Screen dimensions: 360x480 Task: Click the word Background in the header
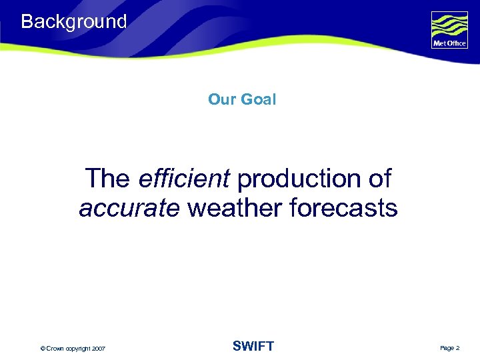point(73,21)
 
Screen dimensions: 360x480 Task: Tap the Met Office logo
point(450,30)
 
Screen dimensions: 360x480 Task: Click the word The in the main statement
point(108,179)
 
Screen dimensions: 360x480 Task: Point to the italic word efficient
point(185,179)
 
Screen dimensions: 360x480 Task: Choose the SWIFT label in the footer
point(253,346)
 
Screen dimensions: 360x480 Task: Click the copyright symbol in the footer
point(43,349)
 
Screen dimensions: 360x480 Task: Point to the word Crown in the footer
point(55,349)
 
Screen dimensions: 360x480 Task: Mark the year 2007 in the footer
point(99,349)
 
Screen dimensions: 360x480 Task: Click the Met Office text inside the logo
point(450,44)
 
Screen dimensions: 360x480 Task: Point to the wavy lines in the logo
point(450,25)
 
